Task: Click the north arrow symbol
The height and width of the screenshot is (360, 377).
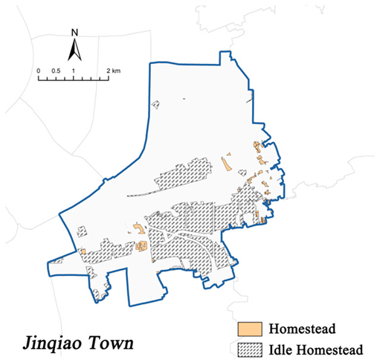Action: pyautogui.click(x=74, y=49)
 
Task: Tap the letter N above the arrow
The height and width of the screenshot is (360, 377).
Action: pyautogui.click(x=74, y=33)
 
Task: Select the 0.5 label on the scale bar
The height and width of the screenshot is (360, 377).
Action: pyautogui.click(x=56, y=70)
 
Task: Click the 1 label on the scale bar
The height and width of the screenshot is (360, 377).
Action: pyautogui.click(x=74, y=70)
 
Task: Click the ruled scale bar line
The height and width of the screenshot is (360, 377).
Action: pyautogui.click(x=74, y=77)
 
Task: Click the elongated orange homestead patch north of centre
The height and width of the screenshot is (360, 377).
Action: pyautogui.click(x=226, y=164)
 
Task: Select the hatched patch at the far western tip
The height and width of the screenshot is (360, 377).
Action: pyautogui.click(x=58, y=260)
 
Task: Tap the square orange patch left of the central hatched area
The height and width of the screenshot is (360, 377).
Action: pyautogui.click(x=137, y=229)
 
